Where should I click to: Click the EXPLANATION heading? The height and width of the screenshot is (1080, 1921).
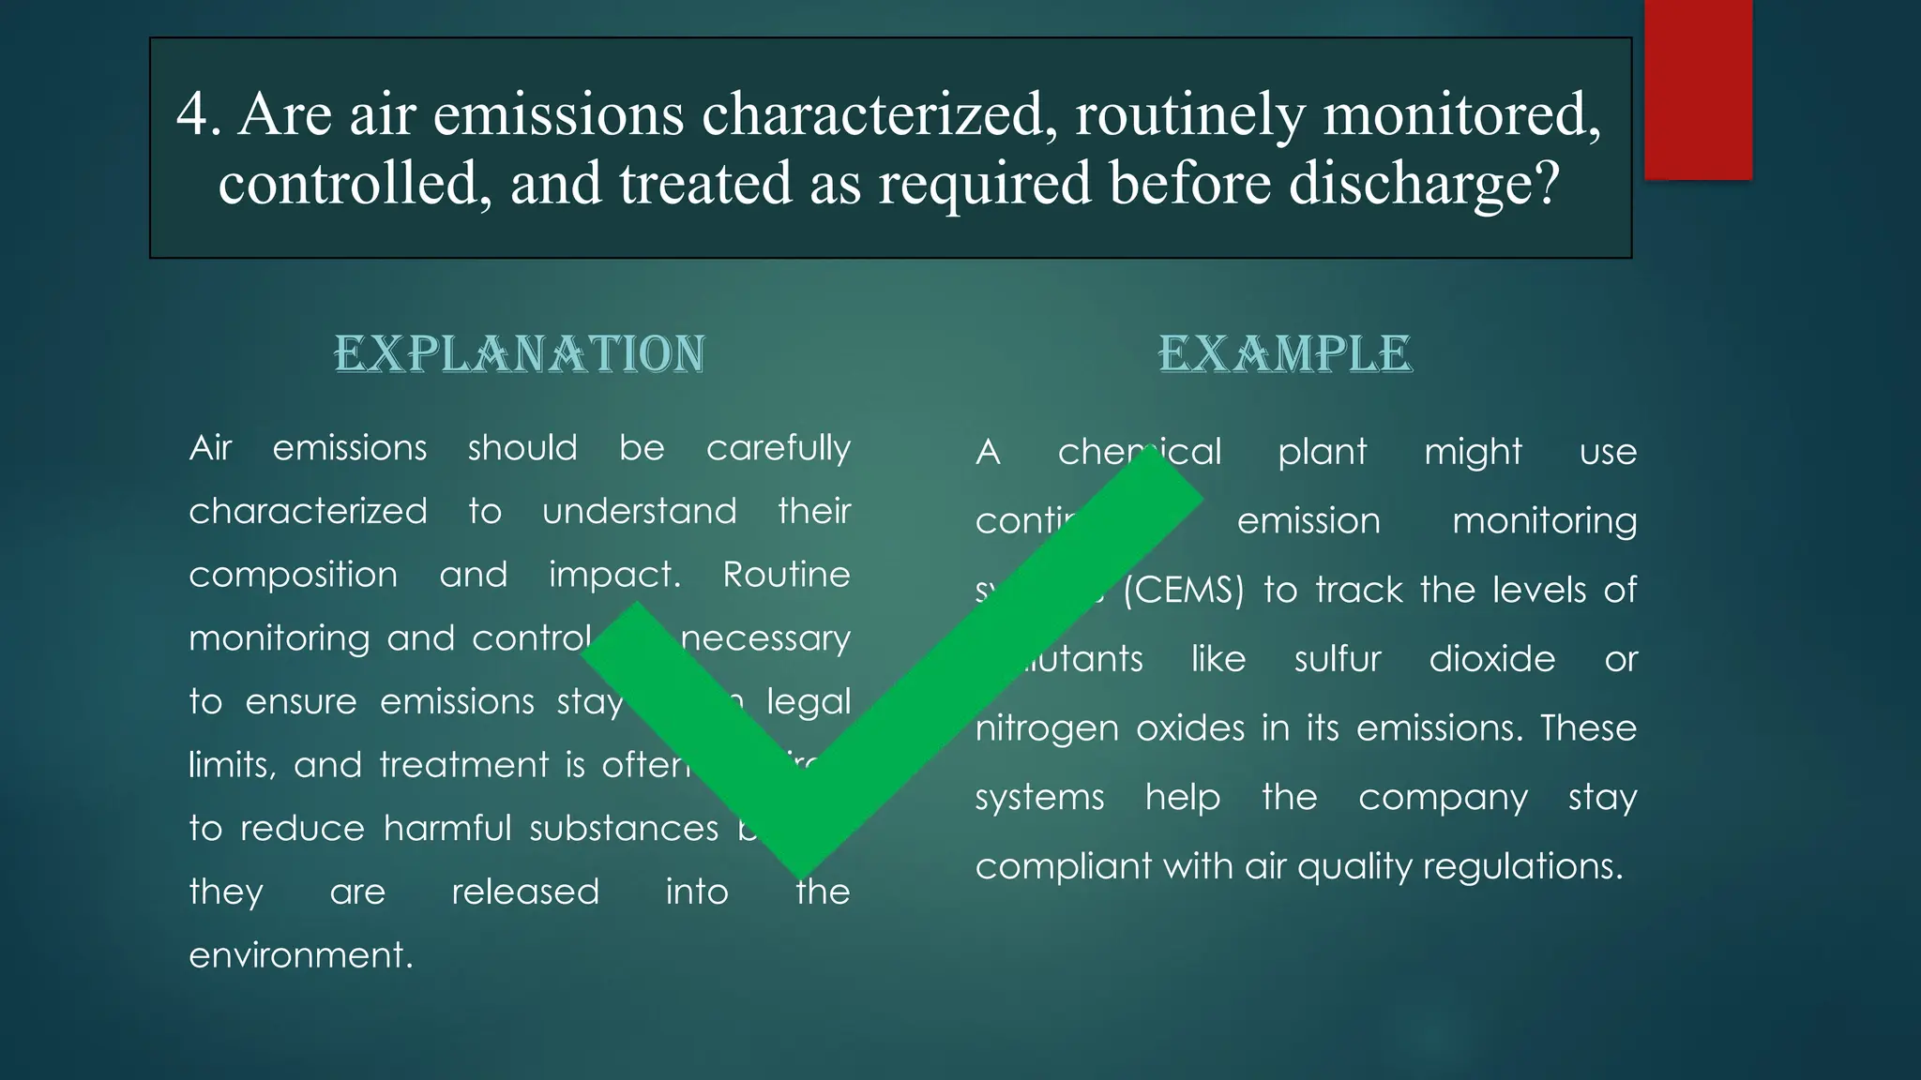520,354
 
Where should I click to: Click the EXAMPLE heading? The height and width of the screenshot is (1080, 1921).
1284,354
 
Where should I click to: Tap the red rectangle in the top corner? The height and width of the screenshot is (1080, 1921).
1698,90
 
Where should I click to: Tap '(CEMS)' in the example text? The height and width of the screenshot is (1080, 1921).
1183,591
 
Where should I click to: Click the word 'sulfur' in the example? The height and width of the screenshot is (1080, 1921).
1337,659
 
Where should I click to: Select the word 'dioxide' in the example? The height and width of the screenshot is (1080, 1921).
1491,659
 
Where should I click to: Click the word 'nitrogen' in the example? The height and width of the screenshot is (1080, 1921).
1047,729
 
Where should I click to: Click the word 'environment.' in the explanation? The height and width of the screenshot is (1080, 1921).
301,955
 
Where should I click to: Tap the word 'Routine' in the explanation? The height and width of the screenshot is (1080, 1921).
786,575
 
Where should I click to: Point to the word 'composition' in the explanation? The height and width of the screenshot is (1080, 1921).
293,575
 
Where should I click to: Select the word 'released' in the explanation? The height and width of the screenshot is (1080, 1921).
525,892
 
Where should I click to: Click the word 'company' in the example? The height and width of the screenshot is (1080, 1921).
1443,798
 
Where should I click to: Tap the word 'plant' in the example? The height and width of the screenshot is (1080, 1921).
1323,452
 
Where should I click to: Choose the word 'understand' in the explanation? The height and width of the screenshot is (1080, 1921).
640,511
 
